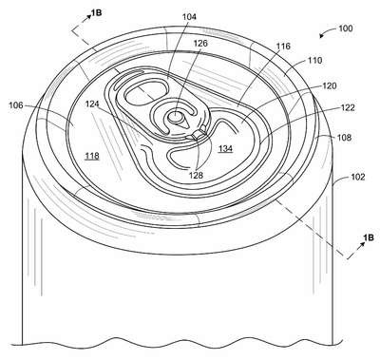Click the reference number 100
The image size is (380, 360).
coord(346,28)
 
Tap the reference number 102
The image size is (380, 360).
coord(358,177)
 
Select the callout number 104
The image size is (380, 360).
coord(189,17)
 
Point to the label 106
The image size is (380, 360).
coord(15,105)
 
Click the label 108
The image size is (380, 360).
coord(344,138)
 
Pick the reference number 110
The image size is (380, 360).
coord(314,60)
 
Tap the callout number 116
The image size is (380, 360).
coord(283,47)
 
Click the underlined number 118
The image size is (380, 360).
coord(92,156)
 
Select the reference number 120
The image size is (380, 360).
coord(330,85)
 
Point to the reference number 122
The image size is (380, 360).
coord(348,107)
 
